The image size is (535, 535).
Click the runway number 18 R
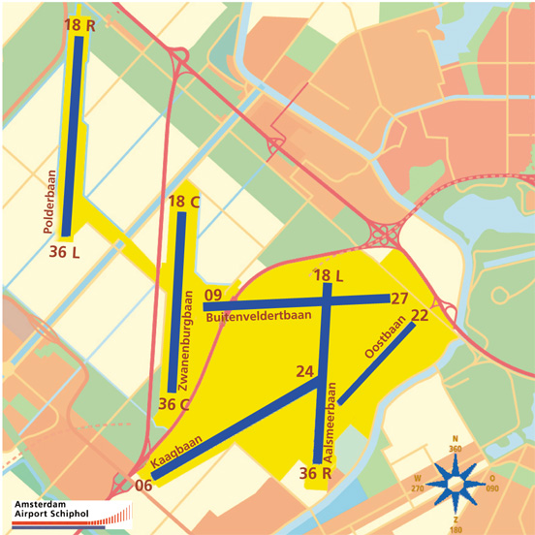tap(79, 26)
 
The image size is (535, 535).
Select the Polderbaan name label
tap(49, 202)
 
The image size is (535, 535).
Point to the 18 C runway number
tap(183, 202)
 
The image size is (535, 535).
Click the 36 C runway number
tap(173, 404)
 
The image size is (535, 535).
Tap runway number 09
tap(214, 296)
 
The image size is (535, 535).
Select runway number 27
tap(399, 299)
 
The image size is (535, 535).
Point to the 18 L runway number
tap(329, 277)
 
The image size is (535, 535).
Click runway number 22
tap(420, 315)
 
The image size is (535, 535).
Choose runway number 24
tap(305, 372)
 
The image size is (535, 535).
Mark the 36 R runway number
tap(316, 474)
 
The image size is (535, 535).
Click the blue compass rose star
tap(456, 482)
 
